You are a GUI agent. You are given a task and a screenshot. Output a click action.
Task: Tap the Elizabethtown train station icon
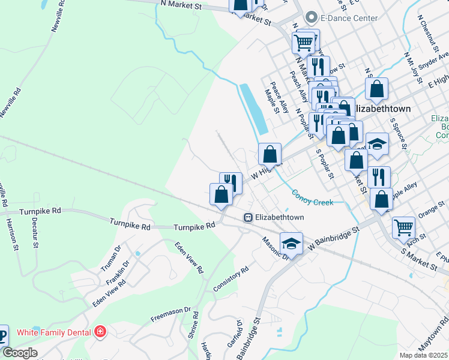coord(247,217)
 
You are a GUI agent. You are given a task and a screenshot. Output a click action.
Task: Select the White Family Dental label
coord(54,332)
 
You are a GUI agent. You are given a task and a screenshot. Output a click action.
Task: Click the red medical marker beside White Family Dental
coord(100,332)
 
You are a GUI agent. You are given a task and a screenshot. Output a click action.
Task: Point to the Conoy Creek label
coord(312,198)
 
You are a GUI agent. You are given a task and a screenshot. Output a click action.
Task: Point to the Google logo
coord(19,353)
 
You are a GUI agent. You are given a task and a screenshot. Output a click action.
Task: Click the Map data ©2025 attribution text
coord(423,355)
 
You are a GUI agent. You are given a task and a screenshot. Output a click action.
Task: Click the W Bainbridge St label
coord(334,238)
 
